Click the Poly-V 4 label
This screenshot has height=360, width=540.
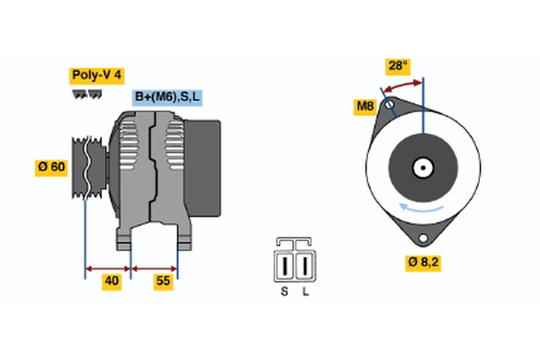pyautogui.click(x=96, y=76)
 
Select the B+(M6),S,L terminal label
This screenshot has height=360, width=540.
pyautogui.click(x=167, y=97)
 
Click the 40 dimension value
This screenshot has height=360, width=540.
pyautogui.click(x=111, y=281)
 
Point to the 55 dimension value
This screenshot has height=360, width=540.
pyautogui.click(x=163, y=281)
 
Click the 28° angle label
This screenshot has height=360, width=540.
pyautogui.click(x=397, y=66)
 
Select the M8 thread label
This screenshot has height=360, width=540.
pyautogui.click(x=364, y=107)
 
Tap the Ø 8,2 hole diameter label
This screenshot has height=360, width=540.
pyautogui.click(x=423, y=263)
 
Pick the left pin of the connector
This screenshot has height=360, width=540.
pyautogui.click(x=286, y=266)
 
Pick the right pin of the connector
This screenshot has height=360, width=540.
pyautogui.click(x=305, y=266)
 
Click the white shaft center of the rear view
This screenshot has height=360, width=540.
pyautogui.click(x=421, y=168)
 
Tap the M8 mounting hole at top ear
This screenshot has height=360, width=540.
pyautogui.click(x=389, y=106)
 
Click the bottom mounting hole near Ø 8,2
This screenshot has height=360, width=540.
pyautogui.click(x=421, y=238)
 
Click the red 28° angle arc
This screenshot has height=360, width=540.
pyautogui.click(x=401, y=85)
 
